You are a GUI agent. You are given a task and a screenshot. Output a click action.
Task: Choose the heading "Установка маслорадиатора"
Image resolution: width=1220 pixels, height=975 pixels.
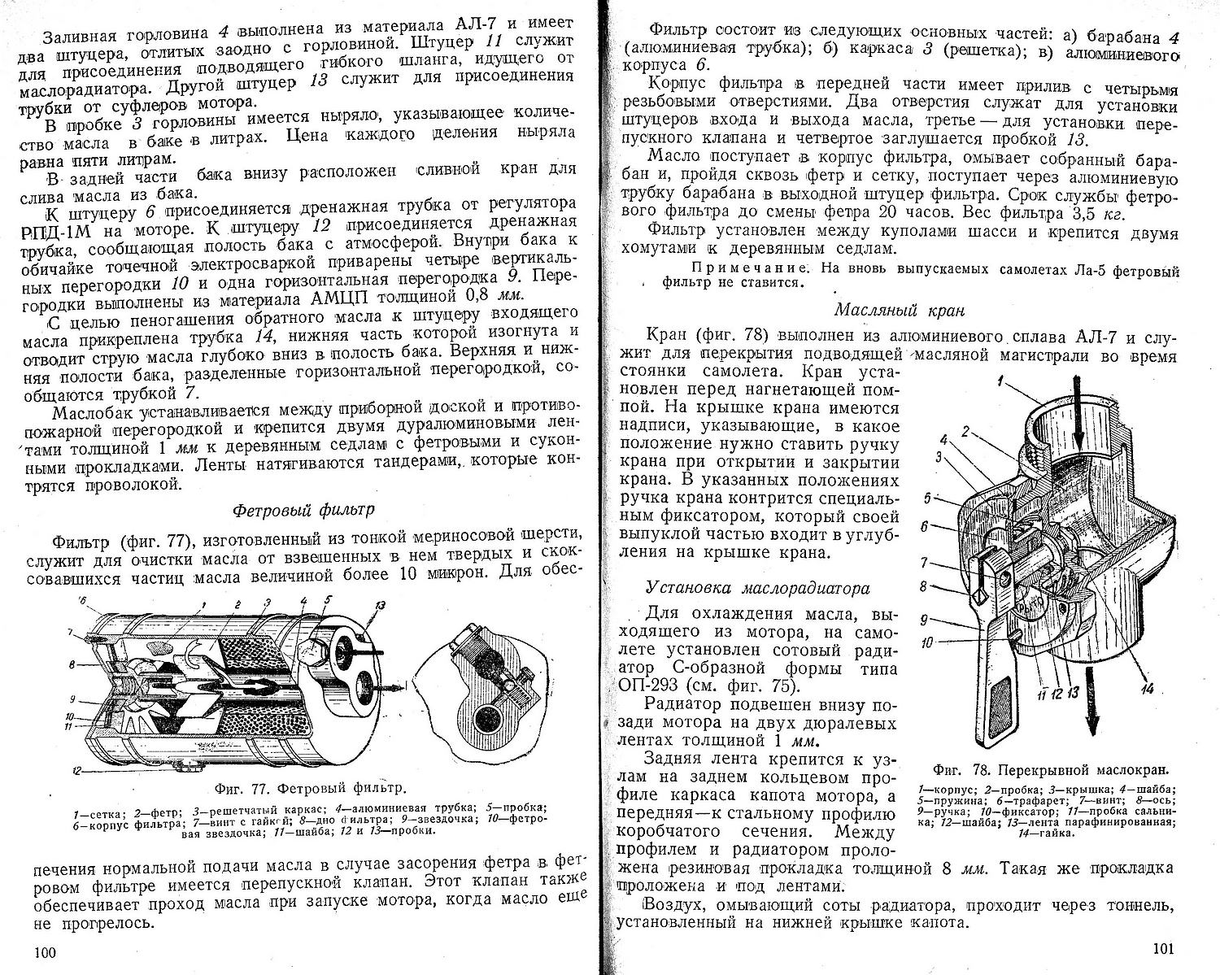coord(757,588)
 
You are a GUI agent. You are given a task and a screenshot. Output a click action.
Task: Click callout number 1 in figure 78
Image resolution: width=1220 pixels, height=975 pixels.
coord(1002,377)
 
